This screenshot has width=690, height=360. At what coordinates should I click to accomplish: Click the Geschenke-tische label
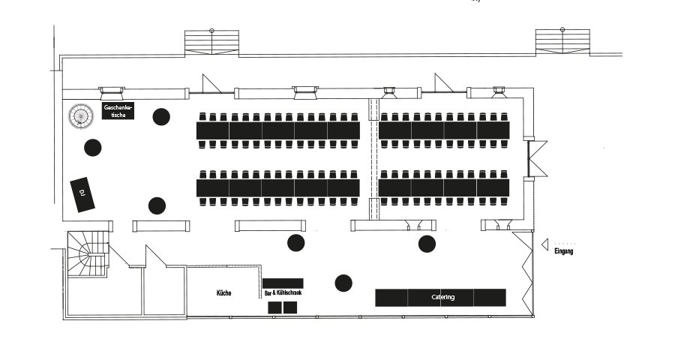point(118,111)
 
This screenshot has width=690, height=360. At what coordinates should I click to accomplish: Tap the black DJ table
point(82,194)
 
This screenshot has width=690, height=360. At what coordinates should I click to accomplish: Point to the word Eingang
point(564,251)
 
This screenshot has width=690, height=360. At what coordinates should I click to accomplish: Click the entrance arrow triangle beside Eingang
point(544,244)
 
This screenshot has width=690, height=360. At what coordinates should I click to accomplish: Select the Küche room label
point(224,292)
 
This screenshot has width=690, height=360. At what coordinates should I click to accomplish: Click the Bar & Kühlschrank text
point(283,292)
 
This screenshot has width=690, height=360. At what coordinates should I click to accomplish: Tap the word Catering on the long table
point(443,297)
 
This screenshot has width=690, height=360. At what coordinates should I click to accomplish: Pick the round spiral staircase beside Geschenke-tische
point(81,115)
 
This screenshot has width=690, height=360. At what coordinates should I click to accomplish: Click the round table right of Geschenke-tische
point(161,117)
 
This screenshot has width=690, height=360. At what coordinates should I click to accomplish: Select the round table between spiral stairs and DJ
point(93,148)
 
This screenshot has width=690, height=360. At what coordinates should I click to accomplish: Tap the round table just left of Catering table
point(343,283)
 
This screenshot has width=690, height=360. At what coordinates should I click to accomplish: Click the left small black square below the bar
point(275,307)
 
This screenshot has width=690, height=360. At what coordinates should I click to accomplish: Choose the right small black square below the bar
point(290,307)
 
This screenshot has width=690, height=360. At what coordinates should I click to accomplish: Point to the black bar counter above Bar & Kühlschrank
point(283,283)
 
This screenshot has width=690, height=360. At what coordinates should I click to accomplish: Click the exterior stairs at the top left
point(211,43)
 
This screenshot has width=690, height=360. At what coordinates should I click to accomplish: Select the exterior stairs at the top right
point(562,41)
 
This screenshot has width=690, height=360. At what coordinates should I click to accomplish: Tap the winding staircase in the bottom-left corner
point(88,254)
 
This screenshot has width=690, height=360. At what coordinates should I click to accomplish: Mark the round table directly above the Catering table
point(427,244)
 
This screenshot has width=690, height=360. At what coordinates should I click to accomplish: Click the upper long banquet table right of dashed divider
point(444,130)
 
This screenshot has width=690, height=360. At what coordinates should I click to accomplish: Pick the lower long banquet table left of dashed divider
point(278,188)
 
